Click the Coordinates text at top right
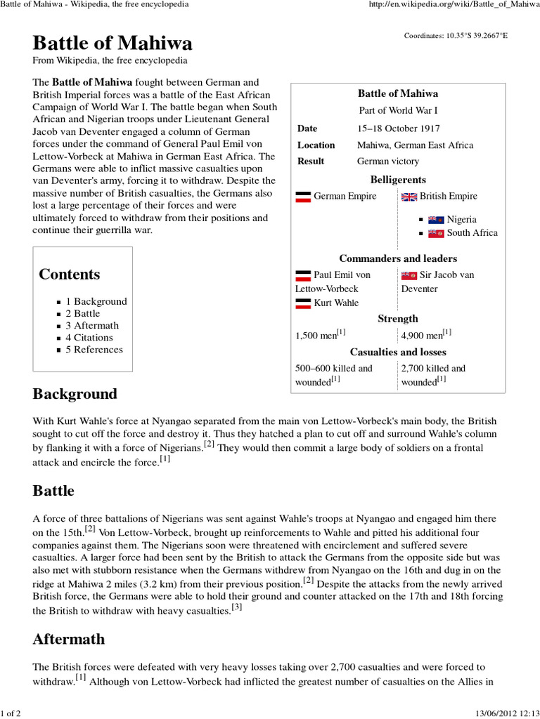click(x=455, y=36)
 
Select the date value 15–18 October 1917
click(x=398, y=128)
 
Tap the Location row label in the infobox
click(x=316, y=145)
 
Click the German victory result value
click(x=388, y=161)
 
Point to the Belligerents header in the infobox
click(x=398, y=180)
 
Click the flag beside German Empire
click(x=303, y=197)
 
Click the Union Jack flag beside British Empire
click(x=409, y=197)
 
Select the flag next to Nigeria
click(x=436, y=220)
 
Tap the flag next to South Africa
click(x=436, y=233)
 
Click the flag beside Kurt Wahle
click(x=303, y=303)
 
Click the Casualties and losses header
click(x=398, y=352)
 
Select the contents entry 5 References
click(x=94, y=350)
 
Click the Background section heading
click(x=75, y=393)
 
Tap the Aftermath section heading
click(x=69, y=639)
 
